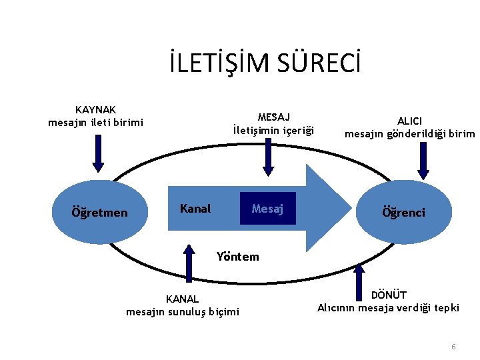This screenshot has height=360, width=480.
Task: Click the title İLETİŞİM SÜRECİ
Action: [x=265, y=64]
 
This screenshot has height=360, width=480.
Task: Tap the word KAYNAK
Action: [x=95, y=109]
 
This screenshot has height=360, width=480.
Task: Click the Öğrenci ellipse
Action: [x=403, y=212]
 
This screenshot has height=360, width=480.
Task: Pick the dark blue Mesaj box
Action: [x=267, y=209]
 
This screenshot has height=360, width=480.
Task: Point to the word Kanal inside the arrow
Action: [x=195, y=209]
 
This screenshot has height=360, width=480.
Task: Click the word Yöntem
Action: [x=238, y=256]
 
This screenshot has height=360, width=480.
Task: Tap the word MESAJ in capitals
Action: [x=273, y=116]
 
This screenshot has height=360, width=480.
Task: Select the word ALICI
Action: [x=409, y=121]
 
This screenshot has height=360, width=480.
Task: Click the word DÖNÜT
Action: [x=389, y=295]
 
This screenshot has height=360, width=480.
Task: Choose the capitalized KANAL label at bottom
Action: [x=182, y=299]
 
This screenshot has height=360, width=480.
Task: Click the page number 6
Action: [x=453, y=347]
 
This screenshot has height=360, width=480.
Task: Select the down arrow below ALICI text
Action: [x=421, y=159]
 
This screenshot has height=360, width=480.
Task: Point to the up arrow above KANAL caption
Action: [x=189, y=265]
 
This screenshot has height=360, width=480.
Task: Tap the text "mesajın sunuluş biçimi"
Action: [x=182, y=311]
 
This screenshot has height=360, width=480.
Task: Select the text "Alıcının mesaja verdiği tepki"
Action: [x=388, y=307]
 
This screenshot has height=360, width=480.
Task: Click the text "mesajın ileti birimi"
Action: [x=95, y=122]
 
